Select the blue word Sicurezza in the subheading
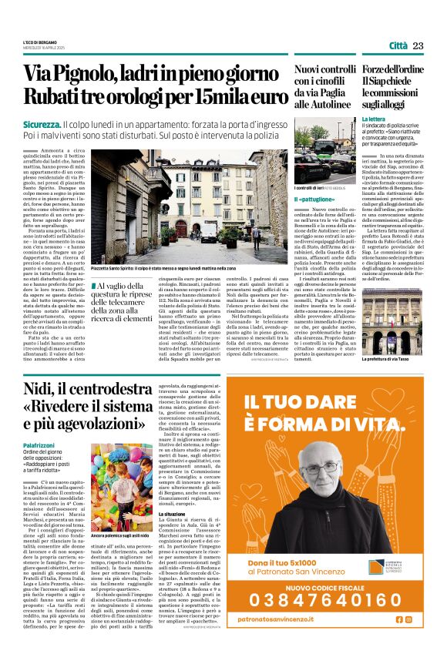[x=67, y=123]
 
